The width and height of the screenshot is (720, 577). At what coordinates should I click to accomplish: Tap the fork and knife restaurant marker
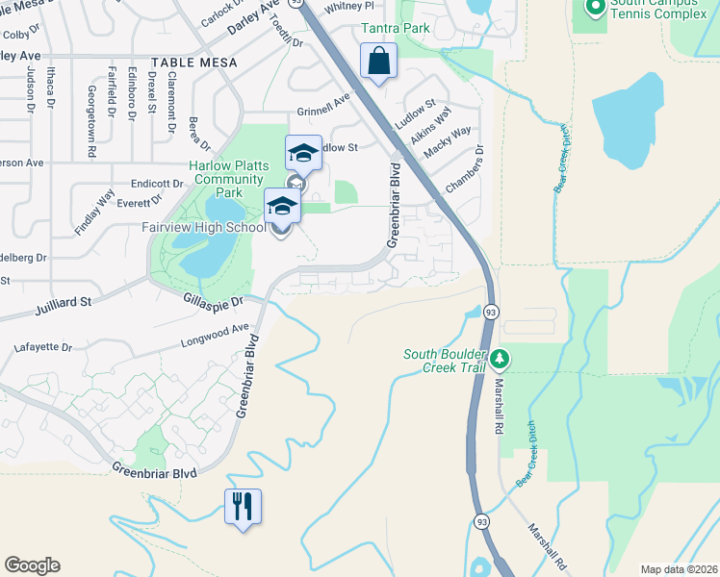click(243, 505)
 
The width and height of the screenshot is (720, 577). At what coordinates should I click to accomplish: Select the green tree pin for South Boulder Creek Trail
click(499, 360)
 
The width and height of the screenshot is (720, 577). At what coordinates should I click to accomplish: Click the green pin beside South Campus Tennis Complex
click(595, 7)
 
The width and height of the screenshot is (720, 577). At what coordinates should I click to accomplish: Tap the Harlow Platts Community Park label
click(228, 179)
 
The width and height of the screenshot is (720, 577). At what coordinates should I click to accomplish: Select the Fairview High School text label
click(204, 228)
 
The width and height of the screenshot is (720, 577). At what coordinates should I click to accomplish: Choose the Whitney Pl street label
click(348, 6)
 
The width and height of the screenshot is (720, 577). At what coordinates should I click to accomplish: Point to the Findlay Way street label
click(94, 212)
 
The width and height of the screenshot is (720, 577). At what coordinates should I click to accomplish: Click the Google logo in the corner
click(32, 565)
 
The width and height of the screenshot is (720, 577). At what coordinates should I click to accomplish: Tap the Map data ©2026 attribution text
click(678, 568)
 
